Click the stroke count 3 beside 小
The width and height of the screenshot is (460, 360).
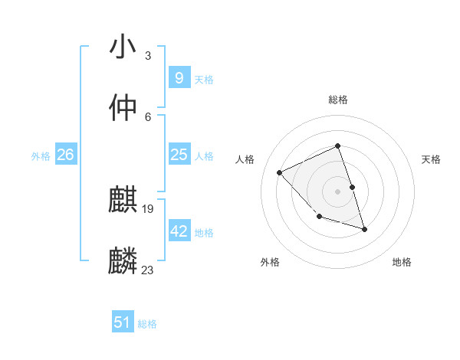[148, 55]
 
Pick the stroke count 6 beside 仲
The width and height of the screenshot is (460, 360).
[148, 116]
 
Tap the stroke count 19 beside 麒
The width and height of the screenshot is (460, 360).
[149, 208]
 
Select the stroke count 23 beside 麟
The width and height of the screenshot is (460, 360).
[148, 270]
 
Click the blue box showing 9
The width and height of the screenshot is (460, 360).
[179, 77]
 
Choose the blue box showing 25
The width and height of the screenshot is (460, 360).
[179, 155]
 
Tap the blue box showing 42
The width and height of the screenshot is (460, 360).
[179, 231]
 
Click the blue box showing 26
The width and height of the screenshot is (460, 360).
[65, 155]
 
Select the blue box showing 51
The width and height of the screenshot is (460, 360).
[122, 322]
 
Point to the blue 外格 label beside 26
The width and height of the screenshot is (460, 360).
[41, 156]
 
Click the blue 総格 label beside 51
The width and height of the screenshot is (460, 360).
[147, 324]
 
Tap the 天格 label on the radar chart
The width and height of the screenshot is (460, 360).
[432, 159]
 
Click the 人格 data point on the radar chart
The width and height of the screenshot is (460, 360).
[280, 172]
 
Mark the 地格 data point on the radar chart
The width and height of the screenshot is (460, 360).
[364, 229]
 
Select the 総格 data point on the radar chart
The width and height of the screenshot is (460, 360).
[337, 146]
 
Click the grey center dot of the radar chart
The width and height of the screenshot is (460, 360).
[337, 191]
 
